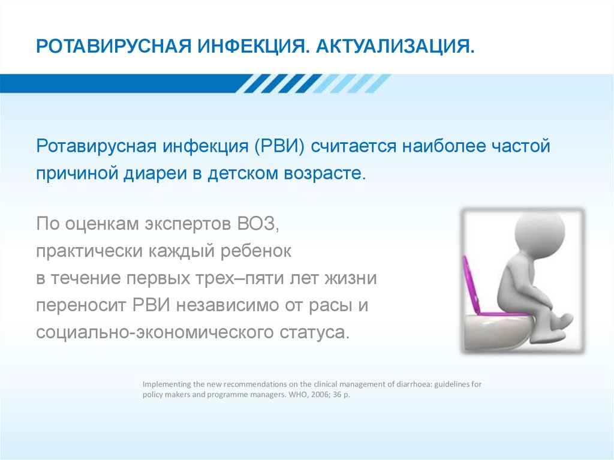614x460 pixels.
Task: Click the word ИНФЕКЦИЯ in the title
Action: click(252, 46)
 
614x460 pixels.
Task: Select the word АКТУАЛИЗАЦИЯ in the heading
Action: click(395, 46)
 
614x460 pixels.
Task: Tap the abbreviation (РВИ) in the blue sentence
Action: click(279, 146)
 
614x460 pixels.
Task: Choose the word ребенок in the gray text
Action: click(256, 251)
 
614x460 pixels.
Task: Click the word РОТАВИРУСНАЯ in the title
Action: click(113, 46)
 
